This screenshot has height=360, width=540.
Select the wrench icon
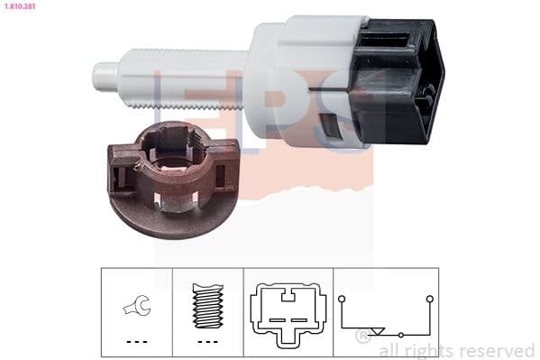(x=136, y=307)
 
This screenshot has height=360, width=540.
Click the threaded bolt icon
(x=207, y=304)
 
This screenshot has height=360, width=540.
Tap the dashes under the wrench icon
(x=136, y=342)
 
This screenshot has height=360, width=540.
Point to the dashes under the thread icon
(x=207, y=342)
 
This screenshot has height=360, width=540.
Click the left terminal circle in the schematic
(x=342, y=297)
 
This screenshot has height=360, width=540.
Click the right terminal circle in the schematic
(x=430, y=297)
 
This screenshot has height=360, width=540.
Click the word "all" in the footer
(x=390, y=350)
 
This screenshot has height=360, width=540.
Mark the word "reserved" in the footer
(x=498, y=350)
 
